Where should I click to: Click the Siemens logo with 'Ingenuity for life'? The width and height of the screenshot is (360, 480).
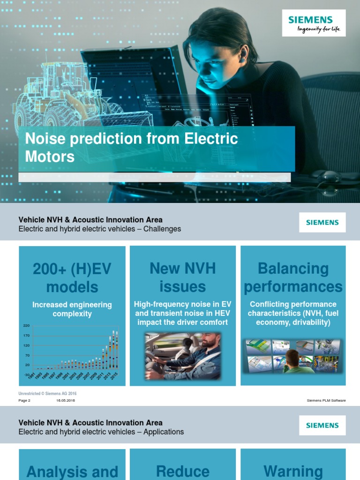(x=314, y=23)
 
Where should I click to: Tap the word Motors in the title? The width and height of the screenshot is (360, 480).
(x=50, y=157)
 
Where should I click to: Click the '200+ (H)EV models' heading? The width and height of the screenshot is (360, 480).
(x=72, y=277)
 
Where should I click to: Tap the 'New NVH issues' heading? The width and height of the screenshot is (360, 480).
(x=182, y=277)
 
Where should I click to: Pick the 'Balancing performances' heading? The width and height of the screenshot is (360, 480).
(x=293, y=277)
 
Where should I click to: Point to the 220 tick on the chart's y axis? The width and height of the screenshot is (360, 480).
(x=26, y=325)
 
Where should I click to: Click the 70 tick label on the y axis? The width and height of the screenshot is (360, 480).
(x=27, y=355)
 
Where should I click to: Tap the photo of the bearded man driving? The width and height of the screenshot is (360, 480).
(x=183, y=356)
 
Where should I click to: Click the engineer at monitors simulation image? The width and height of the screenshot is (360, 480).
(x=293, y=356)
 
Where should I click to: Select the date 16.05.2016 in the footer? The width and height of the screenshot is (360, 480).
(x=66, y=401)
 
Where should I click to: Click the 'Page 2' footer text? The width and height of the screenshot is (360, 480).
(x=24, y=401)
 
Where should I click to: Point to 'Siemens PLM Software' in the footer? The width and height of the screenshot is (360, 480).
(x=326, y=401)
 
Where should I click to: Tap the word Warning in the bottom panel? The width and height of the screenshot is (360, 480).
(x=293, y=471)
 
